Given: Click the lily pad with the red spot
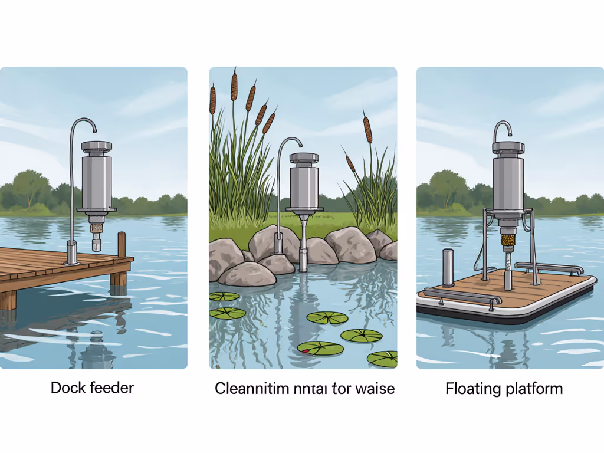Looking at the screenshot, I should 320,348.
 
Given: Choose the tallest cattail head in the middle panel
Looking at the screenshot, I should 234,84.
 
